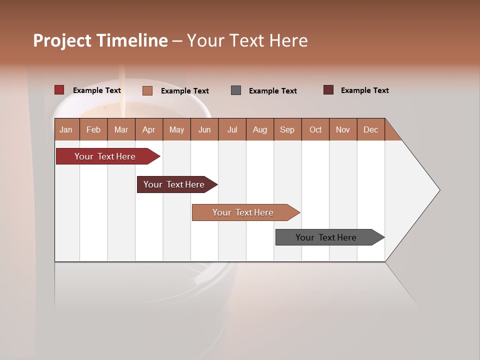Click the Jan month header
coord(66,129)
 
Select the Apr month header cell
coord(148,129)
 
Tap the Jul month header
coord(232,129)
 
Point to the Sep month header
coord(287,129)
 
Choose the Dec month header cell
coord(370,129)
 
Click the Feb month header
coord(93,129)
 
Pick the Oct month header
coord(315,129)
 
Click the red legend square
coord(59,90)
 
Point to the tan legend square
coord(147,90)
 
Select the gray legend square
coord(236,90)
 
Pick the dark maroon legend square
coord(328,90)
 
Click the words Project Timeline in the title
coord(100,40)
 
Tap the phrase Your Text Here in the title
coord(247,40)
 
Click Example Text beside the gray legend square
coord(272,91)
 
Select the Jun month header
coord(204,129)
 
